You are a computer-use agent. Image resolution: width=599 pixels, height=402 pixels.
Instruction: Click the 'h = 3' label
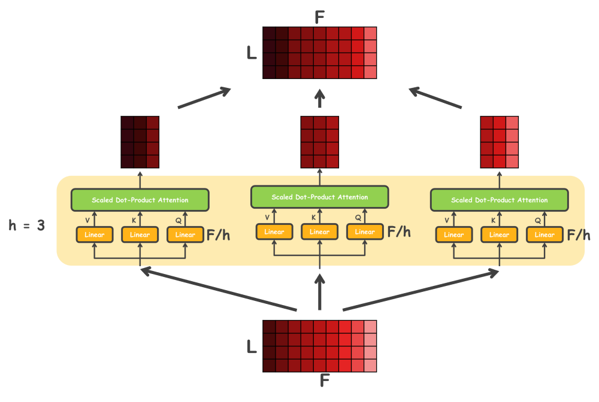tap(27, 226)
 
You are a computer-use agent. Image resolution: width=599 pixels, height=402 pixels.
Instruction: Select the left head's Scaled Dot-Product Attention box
tap(140, 200)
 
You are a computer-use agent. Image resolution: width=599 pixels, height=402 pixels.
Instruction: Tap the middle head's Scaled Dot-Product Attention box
tap(320, 197)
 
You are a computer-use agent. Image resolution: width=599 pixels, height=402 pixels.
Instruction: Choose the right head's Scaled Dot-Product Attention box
tap(500, 200)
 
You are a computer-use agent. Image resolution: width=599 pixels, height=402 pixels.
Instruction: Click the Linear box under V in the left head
tap(95, 234)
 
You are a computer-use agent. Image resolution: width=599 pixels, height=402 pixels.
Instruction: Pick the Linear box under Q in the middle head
tap(365, 232)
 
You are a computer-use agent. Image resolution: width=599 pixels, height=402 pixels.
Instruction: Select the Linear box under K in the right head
tap(500, 234)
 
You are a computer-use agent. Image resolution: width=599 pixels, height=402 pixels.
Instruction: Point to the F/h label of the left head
tap(218, 235)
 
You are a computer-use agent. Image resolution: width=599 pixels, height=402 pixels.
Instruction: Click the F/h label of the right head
tap(579, 235)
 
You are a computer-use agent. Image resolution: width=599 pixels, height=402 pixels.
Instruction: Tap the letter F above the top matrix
tap(320, 17)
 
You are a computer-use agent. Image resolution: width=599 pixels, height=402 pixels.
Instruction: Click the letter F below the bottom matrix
tap(324, 380)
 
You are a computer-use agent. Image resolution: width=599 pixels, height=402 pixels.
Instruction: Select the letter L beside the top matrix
tap(252, 53)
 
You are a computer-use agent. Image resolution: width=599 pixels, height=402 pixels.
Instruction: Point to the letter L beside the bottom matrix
tap(252, 346)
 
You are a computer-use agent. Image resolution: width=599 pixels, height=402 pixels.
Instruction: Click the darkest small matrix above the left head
tap(140, 142)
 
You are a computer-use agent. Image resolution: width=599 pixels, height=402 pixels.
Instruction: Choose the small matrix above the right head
tap(500, 142)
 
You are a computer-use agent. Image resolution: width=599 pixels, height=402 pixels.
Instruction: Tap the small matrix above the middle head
tap(320, 142)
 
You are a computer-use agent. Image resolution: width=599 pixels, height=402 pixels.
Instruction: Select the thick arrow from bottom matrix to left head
tap(219, 289)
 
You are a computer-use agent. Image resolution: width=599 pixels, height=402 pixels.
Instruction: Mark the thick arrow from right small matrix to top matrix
tap(435, 98)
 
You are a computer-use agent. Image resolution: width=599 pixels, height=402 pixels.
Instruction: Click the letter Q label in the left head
tap(179, 221)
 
